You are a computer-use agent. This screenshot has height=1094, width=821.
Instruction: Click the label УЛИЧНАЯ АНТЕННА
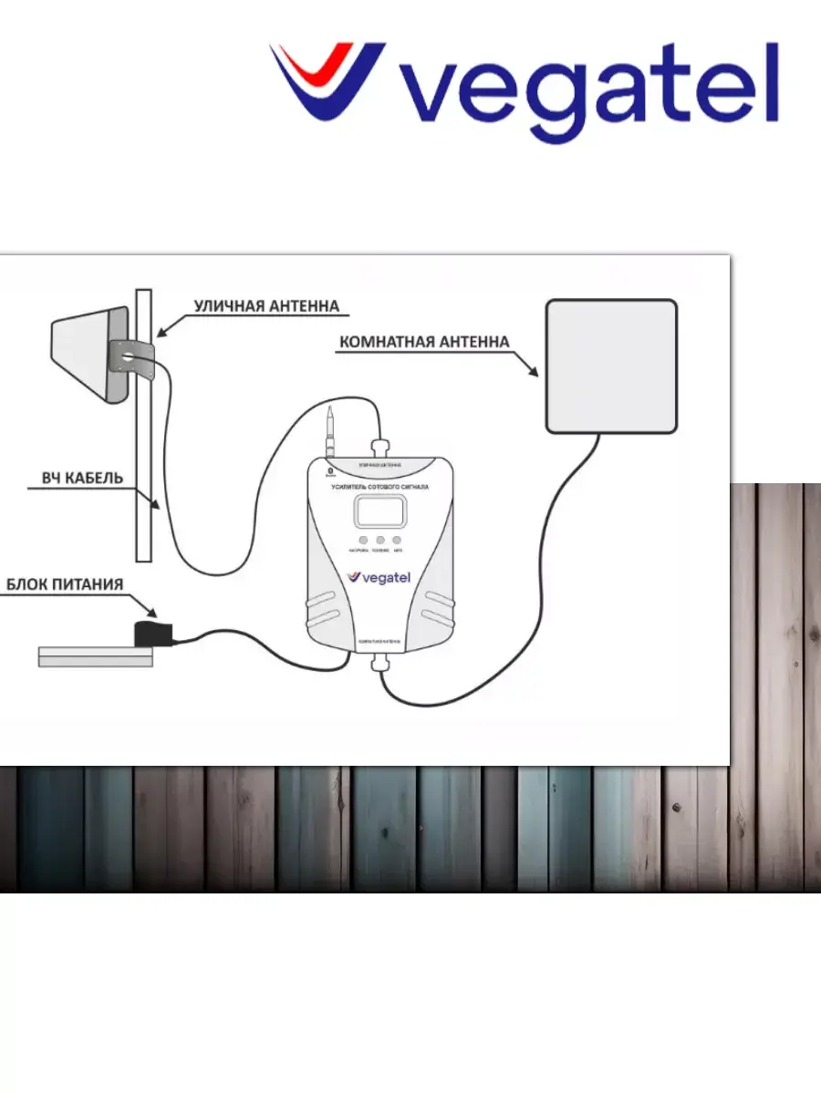[266, 306]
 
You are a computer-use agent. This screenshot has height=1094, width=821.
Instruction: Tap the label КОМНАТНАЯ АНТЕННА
[423, 343]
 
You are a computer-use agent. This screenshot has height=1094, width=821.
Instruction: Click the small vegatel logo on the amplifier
[379, 577]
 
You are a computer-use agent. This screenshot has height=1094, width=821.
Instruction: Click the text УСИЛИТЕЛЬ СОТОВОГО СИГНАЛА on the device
[379, 488]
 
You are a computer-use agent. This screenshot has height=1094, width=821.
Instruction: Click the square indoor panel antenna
[611, 365]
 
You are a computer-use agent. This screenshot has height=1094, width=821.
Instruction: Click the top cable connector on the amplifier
[379, 449]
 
